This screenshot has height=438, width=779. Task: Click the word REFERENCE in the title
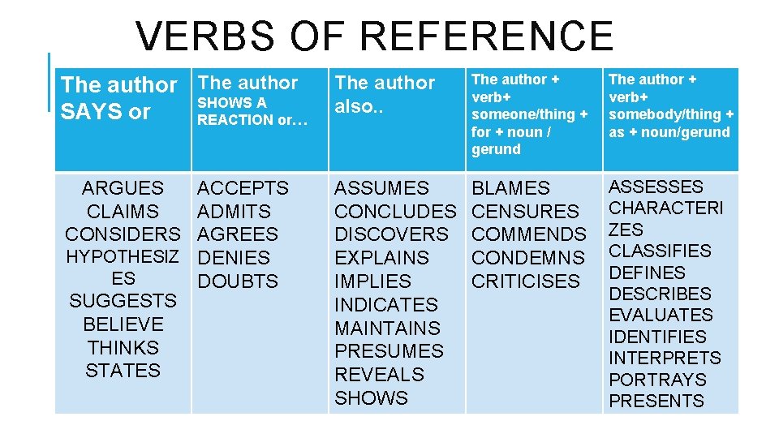[x=487, y=36]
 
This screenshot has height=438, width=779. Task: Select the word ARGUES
[x=123, y=188]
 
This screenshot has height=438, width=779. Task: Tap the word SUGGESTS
[x=123, y=301]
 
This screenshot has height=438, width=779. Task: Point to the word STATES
[x=123, y=371]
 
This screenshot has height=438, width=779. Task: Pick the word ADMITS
[x=234, y=212]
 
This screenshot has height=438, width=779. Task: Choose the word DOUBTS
[x=238, y=281]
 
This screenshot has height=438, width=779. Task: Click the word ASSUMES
[x=381, y=188]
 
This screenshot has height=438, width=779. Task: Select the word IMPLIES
[x=372, y=281]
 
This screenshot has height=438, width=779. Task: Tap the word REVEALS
[x=379, y=375]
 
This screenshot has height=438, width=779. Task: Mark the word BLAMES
[x=510, y=188]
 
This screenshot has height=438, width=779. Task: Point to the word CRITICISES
[x=526, y=281]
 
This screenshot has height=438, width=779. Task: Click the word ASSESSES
[x=656, y=187]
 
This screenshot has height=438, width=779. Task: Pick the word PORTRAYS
[x=657, y=380]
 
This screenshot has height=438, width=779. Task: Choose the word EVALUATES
[x=661, y=315]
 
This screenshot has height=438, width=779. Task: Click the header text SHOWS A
[x=232, y=103]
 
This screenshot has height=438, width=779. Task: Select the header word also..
[x=354, y=107]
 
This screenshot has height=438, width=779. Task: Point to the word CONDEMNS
[x=527, y=258]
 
